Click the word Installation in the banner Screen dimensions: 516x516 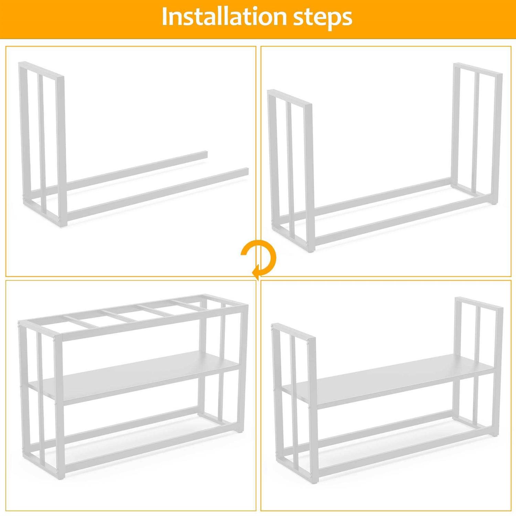tap(223, 17)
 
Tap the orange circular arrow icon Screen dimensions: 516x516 tap(259, 259)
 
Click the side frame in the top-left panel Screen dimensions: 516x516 tap(42, 144)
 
